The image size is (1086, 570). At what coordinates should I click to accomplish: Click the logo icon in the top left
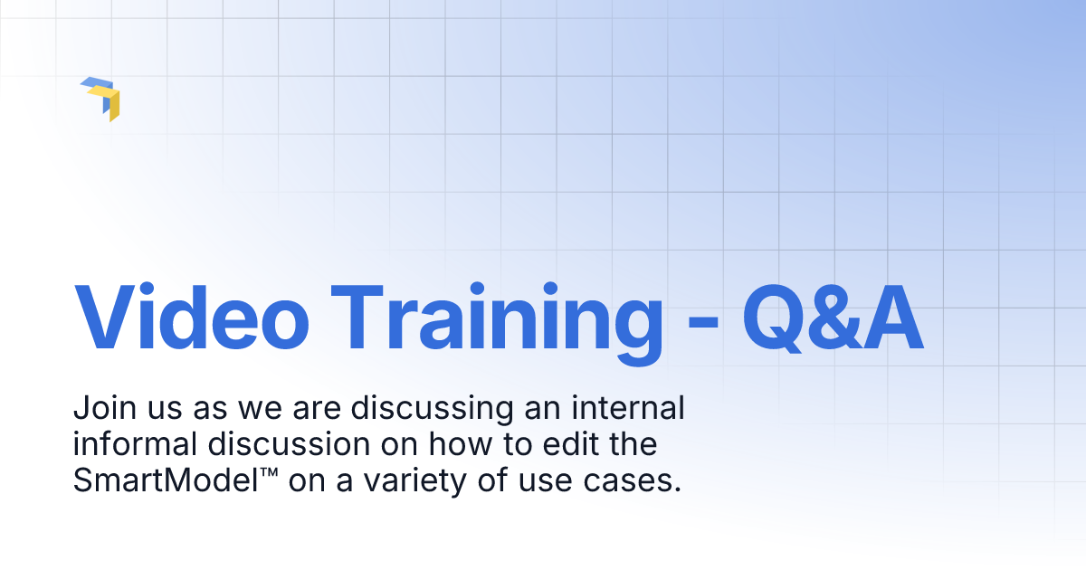tap(100, 98)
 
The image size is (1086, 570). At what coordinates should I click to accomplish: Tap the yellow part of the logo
tap(111, 103)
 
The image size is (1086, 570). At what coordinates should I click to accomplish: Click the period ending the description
tap(678, 490)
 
